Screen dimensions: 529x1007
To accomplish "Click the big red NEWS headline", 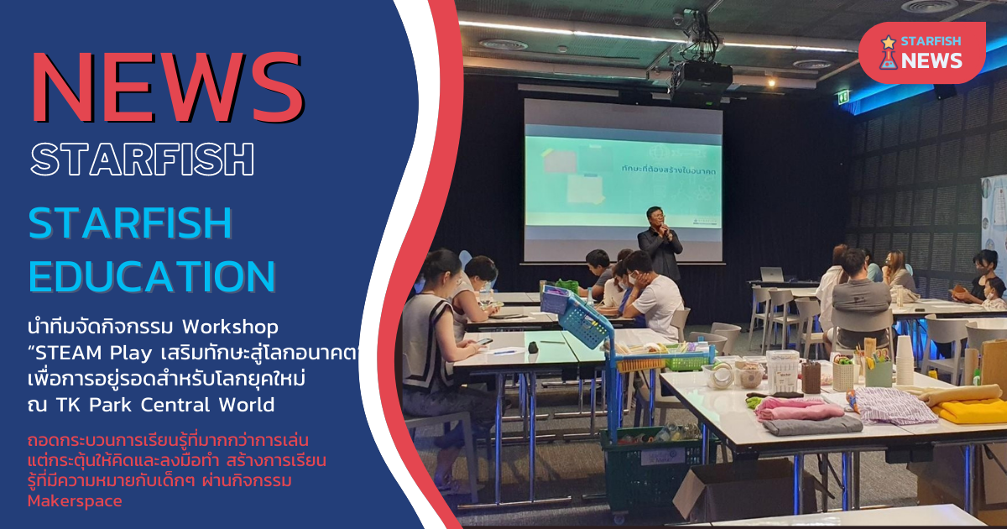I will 167,88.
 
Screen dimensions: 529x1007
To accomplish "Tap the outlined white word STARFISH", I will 142,159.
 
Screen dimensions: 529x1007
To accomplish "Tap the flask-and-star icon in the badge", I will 887,52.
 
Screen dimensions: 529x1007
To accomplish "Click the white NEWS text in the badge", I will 932,60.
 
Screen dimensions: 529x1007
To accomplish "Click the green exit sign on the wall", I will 843,97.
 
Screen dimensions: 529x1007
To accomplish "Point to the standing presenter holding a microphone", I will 660,244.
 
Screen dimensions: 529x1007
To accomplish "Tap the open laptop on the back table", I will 770,275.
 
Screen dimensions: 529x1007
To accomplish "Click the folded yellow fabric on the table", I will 973,411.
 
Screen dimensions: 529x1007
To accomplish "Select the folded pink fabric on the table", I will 797,409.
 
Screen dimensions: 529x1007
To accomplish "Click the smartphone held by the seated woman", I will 483,341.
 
